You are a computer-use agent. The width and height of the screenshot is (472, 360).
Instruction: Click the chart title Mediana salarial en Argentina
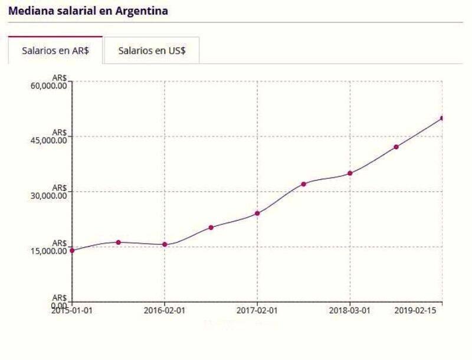coord(88,11)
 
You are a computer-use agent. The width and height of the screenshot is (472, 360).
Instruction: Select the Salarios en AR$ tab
coord(55,51)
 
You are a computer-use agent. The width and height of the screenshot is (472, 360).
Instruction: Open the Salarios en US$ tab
coord(152,51)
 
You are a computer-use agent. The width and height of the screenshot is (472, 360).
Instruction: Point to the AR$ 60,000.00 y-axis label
coord(51,83)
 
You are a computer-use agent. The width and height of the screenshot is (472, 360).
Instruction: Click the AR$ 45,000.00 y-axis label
coord(51,137)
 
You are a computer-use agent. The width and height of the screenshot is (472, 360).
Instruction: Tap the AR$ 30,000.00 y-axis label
coord(51,192)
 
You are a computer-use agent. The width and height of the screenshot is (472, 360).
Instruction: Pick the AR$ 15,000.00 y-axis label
coord(51,247)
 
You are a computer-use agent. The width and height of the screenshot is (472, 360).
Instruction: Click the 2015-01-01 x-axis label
coord(71,310)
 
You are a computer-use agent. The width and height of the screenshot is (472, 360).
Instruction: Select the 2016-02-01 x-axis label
coord(165,310)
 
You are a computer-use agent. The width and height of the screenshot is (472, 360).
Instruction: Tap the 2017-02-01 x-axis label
coord(257,310)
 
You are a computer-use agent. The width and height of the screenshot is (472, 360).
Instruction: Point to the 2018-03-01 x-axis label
coord(350,310)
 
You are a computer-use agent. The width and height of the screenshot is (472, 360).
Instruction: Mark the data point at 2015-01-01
coord(72,250)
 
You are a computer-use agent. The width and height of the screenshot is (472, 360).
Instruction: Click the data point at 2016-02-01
coord(165,244)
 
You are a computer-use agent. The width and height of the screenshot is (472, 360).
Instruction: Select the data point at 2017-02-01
coord(257,213)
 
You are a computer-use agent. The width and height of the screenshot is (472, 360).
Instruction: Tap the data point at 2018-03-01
coord(350,173)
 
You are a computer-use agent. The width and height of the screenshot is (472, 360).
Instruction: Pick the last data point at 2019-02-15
coord(442,118)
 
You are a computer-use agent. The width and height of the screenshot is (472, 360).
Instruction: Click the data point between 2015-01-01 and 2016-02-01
coord(119,242)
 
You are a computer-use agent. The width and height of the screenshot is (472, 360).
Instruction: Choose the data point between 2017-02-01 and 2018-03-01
coord(303,184)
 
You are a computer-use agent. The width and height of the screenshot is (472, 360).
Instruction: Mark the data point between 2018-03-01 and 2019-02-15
coord(396,147)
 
